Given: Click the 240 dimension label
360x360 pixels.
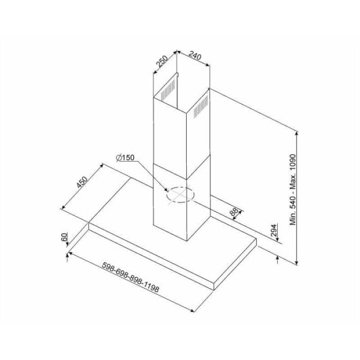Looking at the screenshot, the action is [x=195, y=56].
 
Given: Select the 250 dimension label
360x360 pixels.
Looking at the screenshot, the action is [x=162, y=61].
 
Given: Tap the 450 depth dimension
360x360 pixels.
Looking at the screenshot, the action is [x=82, y=182].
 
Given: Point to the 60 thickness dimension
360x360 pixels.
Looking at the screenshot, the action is [x=65, y=236].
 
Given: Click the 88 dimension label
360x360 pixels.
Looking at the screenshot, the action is [x=234, y=212].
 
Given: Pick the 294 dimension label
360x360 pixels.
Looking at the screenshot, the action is [x=274, y=230].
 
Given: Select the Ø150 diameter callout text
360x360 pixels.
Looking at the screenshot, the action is [x=125, y=158].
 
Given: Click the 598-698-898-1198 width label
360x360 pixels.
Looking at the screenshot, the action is [x=130, y=277].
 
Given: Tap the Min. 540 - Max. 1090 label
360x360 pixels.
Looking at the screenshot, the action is [x=293, y=190].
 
